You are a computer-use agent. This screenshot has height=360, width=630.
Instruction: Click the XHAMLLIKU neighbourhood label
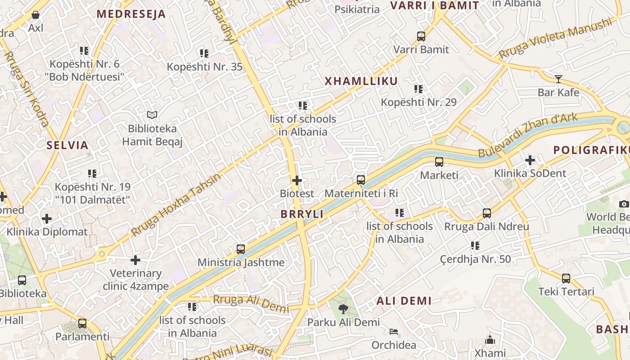tap(361, 81)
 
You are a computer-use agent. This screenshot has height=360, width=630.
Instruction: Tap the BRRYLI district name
tap(302, 214)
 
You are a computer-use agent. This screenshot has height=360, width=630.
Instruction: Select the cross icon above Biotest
tap(297, 180)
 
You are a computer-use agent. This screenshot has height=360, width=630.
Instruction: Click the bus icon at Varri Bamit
tap(421, 36)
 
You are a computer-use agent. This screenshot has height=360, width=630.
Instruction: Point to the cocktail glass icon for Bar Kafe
tap(558, 79)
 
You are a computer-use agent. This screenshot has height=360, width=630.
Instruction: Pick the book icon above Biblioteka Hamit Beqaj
tap(152, 115)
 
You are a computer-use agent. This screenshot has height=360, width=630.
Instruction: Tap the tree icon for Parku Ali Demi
tap(343, 309)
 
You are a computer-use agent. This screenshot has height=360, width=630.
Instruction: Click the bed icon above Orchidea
tap(394, 332)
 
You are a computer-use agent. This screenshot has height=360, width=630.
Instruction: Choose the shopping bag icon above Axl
tap(36, 15)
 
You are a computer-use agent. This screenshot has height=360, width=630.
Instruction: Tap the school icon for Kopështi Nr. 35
tap(204, 54)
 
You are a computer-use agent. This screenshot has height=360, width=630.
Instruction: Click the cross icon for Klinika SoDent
tap(530, 160)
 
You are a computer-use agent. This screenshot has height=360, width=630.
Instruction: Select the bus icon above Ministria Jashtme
tap(241, 249)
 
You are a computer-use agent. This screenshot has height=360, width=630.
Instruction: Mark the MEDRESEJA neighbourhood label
tap(131, 14)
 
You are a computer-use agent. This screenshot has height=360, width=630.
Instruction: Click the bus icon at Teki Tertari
tap(566, 279)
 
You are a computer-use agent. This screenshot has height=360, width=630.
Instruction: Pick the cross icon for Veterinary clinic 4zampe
tap(135, 260)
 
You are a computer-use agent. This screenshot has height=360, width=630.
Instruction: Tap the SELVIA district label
tap(67, 145)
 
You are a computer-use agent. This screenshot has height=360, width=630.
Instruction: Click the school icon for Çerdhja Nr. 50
tap(475, 246)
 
